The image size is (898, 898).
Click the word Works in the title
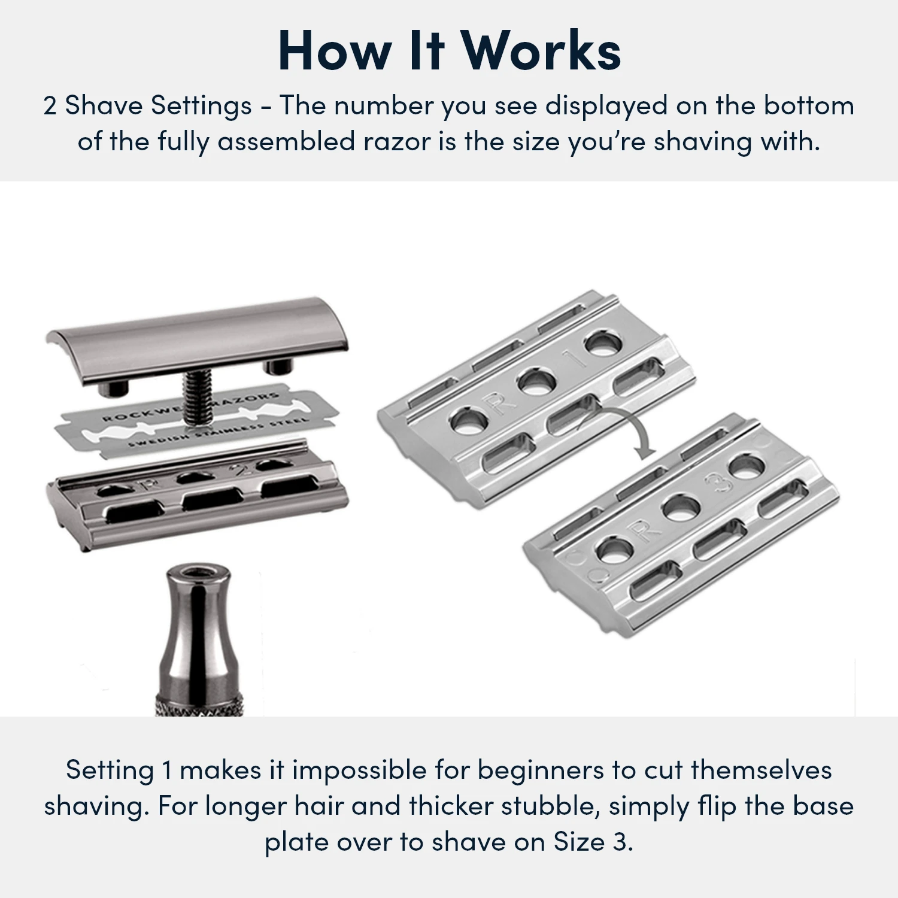pos(542,51)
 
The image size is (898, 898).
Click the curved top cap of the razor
pos(198,335)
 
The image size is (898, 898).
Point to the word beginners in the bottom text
pos(540,770)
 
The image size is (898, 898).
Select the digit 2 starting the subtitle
pos(50,107)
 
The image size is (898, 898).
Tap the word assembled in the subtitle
pos(286,142)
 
